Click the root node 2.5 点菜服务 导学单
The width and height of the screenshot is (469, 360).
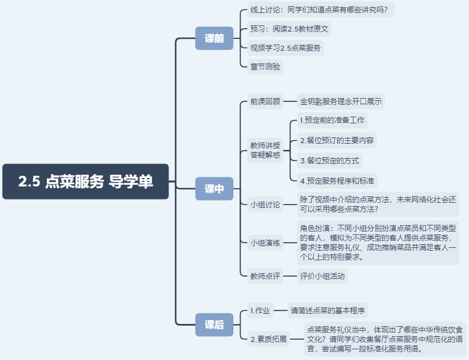coord(86,181)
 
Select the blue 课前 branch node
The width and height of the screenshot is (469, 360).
coord(214,38)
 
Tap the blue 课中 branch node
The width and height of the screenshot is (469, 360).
coord(214,189)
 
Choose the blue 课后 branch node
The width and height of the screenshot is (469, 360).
coord(214,325)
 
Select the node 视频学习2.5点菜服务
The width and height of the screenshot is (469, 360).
coord(285,48)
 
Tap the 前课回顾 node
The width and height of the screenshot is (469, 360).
coord(265,102)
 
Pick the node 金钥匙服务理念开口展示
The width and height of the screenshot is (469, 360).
coord(341,102)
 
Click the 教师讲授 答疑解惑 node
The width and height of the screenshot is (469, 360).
coord(265,150)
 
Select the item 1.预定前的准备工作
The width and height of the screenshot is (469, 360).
coord(332,120)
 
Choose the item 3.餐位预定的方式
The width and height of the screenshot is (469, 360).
coord(329,161)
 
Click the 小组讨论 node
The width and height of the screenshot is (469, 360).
coord(265,205)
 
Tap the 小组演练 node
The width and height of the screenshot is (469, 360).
coord(265,243)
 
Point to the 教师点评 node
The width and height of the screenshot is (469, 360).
coord(265,276)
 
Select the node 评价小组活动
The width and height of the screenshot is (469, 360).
coord(323,276)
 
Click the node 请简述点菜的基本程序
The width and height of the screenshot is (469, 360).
coord(328,310)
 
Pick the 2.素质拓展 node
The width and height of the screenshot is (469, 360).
coord(269,339)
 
